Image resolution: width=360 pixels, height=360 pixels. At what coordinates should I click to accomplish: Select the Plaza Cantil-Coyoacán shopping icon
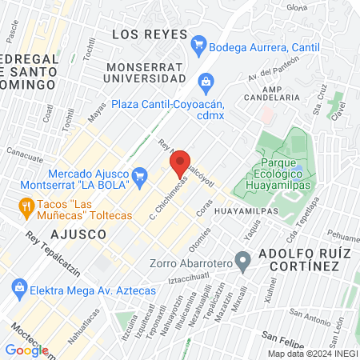click(x=206, y=81)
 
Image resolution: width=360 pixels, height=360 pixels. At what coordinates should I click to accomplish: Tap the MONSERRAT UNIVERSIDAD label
click(x=150, y=74)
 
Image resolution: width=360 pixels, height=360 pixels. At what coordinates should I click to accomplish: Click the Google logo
click(x=26, y=350)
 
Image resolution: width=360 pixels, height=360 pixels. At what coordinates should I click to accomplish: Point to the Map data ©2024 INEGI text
click(x=312, y=354)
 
